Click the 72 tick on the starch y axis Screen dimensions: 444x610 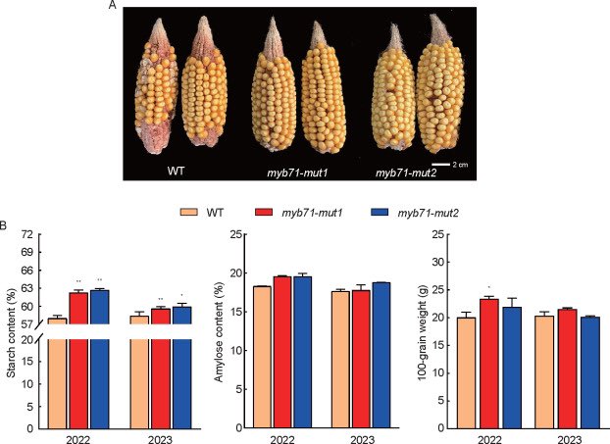pos(28,235)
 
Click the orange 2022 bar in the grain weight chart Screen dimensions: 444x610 pos(467,371)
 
